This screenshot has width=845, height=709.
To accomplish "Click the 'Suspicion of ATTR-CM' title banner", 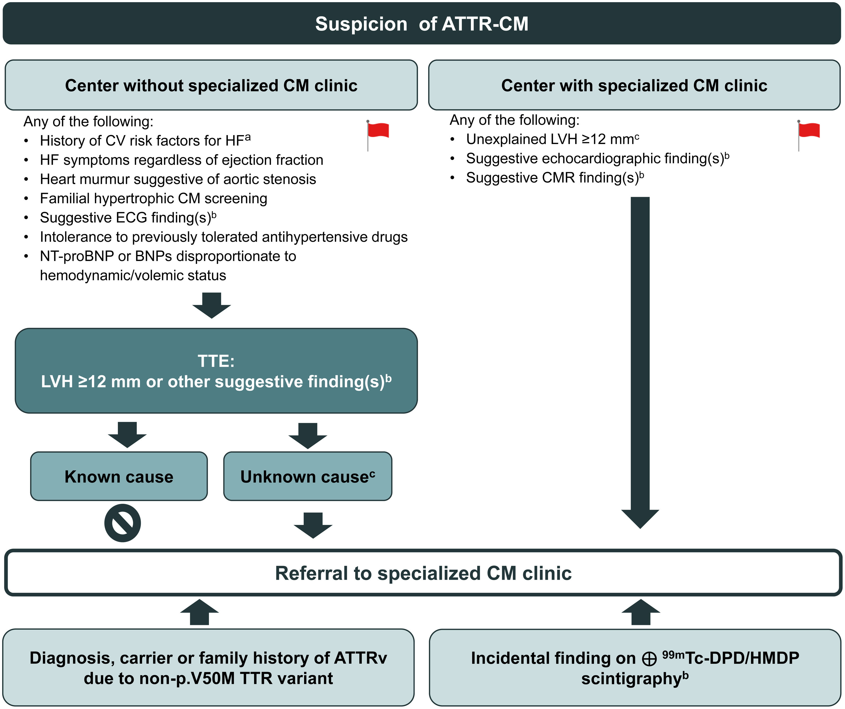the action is point(422,23).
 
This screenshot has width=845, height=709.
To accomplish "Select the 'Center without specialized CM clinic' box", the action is point(211,85).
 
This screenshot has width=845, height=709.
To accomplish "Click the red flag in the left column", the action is point(378,135).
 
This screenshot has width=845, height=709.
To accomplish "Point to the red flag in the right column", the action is point(809,135).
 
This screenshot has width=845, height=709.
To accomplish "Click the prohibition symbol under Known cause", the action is point(123,523).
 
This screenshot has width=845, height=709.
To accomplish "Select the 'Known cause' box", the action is point(119,476).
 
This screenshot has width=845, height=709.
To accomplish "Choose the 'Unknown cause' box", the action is point(308,476).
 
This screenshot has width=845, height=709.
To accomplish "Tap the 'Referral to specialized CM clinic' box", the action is point(423,573).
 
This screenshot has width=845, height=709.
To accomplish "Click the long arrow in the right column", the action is point(640,363).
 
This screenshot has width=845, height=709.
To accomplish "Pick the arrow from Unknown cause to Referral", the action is point(313,525).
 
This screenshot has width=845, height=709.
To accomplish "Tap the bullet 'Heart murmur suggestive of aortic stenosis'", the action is point(178,179).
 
